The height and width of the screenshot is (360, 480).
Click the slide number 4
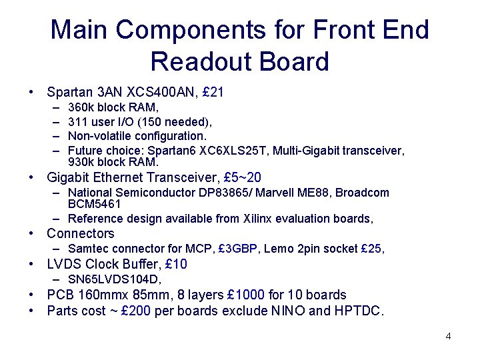pos(448,336)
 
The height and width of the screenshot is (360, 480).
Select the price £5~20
pos(243,177)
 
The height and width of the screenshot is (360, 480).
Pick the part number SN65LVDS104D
pos(114,279)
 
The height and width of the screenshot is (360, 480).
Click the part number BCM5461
pos(95,203)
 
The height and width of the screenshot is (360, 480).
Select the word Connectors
pos(81,233)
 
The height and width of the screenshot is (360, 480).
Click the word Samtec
pos(89,249)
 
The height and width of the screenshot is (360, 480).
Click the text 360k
pos(81,107)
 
